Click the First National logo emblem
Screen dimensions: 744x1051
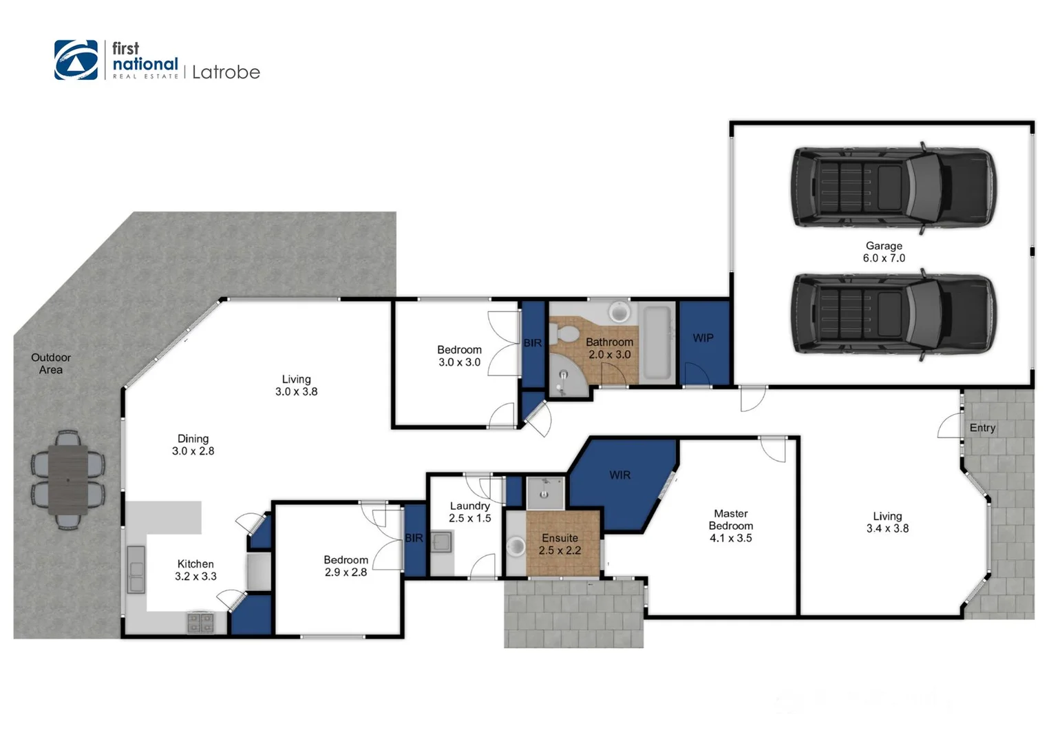point(76,60)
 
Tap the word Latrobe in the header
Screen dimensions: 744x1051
point(226,72)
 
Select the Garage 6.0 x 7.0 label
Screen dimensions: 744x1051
point(884,251)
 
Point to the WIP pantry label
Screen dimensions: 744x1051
point(703,338)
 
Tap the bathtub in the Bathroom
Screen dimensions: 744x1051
point(657,342)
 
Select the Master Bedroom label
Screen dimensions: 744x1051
point(731,526)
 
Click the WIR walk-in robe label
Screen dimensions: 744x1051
point(619,475)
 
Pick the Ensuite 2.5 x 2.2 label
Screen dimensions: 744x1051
point(560,544)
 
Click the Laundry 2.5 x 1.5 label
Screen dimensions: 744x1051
point(469,512)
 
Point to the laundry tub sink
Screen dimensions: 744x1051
point(441,543)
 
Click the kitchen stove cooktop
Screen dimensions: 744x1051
point(200,623)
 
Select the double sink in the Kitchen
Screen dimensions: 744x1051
point(136,569)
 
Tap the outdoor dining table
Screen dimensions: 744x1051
point(67,479)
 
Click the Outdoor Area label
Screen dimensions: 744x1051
point(50,364)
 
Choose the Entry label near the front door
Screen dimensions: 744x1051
point(982,428)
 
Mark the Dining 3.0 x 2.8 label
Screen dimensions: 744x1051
point(193,444)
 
